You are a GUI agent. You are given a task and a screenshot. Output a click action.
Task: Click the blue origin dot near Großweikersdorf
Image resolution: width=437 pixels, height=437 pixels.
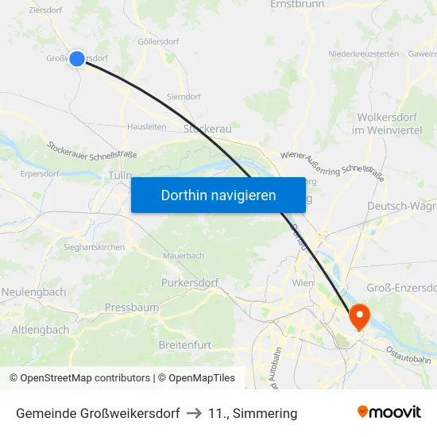click(77, 58)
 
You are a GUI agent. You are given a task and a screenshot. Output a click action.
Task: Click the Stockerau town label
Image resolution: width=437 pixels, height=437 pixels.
click(207, 128)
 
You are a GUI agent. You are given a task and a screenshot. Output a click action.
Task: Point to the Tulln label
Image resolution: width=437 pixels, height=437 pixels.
click(120, 175)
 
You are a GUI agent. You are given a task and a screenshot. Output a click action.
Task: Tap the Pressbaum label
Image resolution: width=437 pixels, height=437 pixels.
click(132, 307)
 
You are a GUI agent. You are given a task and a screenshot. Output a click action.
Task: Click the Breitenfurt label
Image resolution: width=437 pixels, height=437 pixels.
click(185, 344)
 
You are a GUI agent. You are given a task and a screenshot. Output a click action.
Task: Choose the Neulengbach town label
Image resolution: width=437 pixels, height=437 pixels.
click(33, 292)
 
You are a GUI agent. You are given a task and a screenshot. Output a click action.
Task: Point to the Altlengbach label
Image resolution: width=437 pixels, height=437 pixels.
click(41, 329)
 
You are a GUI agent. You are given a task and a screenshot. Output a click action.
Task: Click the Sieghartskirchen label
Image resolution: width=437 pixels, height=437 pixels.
click(94, 247)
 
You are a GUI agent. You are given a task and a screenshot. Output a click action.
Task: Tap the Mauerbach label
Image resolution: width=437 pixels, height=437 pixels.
click(184, 256)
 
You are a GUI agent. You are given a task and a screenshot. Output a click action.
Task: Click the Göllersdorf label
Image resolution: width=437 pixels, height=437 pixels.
click(159, 41)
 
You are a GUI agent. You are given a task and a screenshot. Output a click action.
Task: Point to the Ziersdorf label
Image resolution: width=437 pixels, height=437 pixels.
click(45, 10)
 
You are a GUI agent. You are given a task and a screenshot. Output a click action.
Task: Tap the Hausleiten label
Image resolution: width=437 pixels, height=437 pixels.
click(147, 126)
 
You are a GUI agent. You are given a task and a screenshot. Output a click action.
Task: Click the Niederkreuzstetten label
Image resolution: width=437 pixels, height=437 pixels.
click(363, 54)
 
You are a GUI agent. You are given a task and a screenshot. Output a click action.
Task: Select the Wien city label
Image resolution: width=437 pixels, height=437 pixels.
click(303, 283)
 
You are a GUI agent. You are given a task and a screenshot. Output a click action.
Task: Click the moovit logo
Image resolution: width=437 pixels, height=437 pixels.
click(389, 412)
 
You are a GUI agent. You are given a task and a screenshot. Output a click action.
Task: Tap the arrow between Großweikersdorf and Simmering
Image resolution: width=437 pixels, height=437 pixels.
click(194, 413)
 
